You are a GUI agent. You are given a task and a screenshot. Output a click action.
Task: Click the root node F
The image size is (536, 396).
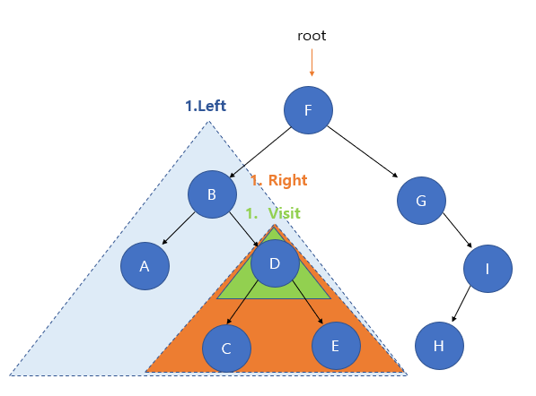(x=308, y=110)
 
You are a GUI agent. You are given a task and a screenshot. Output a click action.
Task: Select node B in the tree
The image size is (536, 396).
(x=212, y=194)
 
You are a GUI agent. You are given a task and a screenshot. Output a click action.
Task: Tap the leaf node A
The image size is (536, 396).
(x=145, y=266)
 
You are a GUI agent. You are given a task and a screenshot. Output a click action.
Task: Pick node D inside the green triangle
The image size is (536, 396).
(x=275, y=263)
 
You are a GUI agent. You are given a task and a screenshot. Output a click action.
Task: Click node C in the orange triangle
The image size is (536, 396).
(x=226, y=349)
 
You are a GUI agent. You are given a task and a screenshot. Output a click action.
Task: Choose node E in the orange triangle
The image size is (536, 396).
(x=336, y=346)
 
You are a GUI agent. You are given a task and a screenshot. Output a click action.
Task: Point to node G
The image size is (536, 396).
(x=421, y=201)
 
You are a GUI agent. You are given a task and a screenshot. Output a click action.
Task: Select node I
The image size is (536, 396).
(x=488, y=269)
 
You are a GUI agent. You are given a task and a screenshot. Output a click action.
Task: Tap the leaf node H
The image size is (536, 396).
(x=439, y=346)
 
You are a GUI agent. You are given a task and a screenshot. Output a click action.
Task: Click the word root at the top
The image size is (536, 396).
(x=312, y=36)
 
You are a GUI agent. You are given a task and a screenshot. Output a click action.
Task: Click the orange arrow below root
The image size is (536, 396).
(x=312, y=63)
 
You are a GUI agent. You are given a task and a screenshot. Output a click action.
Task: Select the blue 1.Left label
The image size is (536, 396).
(x=206, y=106)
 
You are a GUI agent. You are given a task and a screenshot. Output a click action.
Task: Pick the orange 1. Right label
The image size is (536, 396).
(x=279, y=180)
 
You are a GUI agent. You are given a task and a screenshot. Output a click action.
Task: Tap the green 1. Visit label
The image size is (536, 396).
(x=273, y=213)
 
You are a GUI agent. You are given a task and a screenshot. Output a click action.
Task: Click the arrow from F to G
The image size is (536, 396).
(x=363, y=151)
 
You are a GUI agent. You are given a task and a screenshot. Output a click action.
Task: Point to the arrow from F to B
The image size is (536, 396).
(x=260, y=152)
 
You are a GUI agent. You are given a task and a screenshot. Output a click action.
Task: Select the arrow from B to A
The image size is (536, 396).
(x=179, y=228)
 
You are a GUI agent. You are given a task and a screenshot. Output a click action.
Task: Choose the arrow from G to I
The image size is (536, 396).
(x=457, y=230)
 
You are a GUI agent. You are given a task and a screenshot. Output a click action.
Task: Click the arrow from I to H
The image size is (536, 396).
(x=461, y=304)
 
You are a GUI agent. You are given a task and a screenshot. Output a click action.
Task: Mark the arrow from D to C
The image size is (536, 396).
(x=242, y=302)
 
